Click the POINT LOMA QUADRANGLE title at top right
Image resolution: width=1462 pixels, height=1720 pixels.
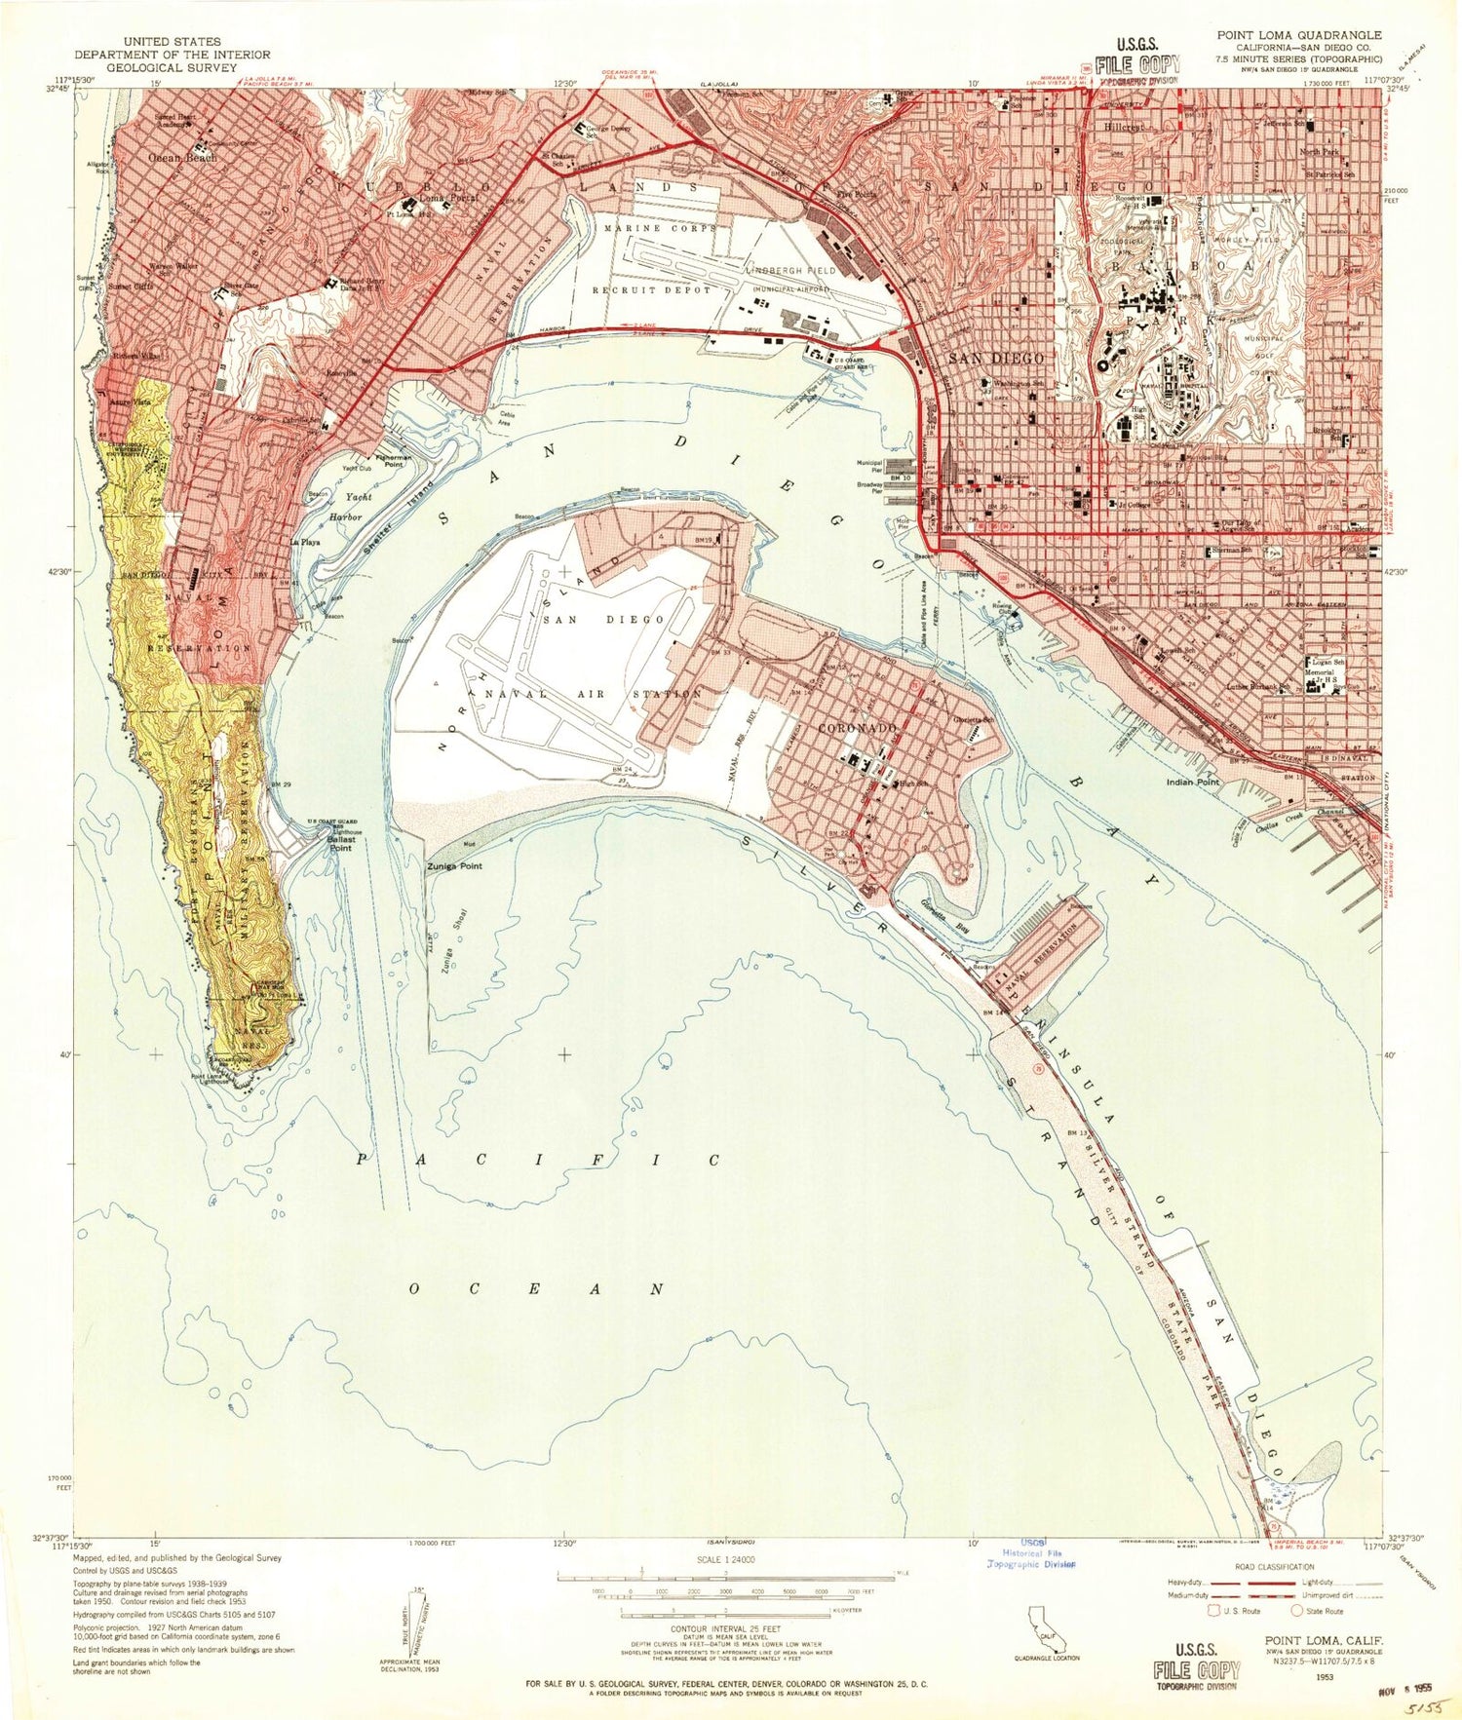point(1298,35)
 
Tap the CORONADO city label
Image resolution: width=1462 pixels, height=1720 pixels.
point(857,728)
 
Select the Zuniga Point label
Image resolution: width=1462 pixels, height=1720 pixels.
point(454,865)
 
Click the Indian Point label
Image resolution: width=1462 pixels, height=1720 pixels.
point(1194,782)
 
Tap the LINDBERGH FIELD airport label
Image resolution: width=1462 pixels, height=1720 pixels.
point(790,270)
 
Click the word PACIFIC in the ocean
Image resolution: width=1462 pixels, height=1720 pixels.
point(538,1160)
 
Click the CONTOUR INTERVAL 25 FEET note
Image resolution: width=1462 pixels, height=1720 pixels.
point(726,1628)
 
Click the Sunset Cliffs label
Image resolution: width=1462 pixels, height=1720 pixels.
point(131,287)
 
